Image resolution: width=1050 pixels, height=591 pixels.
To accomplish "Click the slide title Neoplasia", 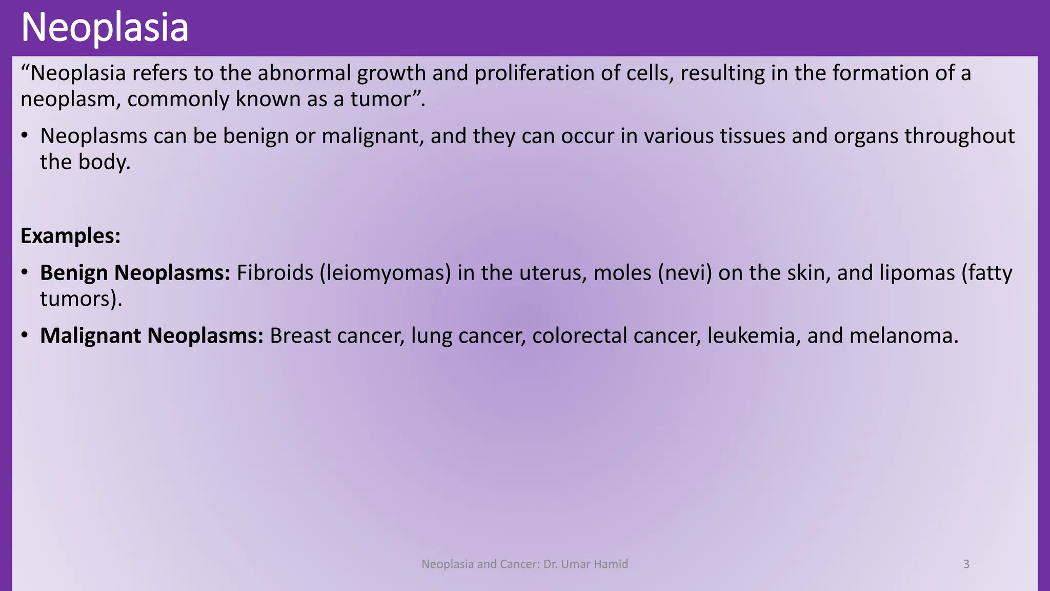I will tap(105, 28).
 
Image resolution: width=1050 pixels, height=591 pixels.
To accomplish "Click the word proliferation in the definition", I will tap(534, 73).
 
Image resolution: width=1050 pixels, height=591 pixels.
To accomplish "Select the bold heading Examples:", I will tap(70, 236).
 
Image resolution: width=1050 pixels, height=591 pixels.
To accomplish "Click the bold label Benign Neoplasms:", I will tap(135, 273).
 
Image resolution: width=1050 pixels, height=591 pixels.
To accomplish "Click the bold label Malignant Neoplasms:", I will tap(152, 336).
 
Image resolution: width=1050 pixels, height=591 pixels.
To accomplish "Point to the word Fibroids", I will tap(275, 273).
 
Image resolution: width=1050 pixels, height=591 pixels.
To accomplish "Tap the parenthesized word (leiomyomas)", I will tap(386, 273).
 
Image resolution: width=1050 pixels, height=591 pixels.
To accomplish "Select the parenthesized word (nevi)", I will tap(685, 273).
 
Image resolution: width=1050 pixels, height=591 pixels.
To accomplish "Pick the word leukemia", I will tap(754, 336).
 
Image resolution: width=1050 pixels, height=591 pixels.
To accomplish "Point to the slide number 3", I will tap(966, 564).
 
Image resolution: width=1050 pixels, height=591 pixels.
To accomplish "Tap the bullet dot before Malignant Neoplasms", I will tap(25, 336).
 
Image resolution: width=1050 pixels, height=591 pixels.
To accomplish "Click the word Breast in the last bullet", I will tap(300, 336).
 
